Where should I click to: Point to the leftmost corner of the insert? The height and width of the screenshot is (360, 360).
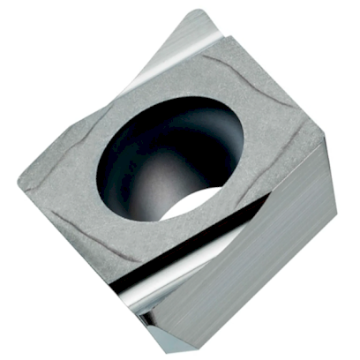pyautogui.click(x=19, y=181)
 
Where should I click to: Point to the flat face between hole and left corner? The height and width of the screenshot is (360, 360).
pyautogui.click(x=62, y=176)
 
